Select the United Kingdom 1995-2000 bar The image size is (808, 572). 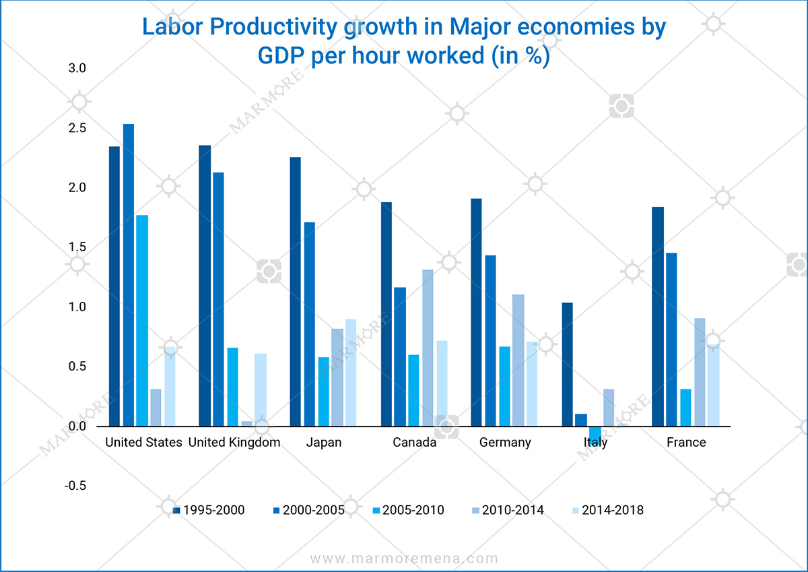tap(205, 286)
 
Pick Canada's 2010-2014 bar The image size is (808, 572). tap(428, 348)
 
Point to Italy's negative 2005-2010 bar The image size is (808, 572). tap(595, 433)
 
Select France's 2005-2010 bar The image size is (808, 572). tap(685, 408)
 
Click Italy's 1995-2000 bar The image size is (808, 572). tap(567, 364)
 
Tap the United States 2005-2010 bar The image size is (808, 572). tap(142, 321)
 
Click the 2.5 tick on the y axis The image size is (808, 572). tap(78, 128)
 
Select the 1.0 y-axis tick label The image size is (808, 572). tap(78, 307)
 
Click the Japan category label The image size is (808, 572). tap(323, 443)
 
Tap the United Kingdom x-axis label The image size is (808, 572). tap(234, 443)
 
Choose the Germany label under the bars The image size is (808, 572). tap(505, 443)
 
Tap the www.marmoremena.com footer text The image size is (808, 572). tap(404, 559)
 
